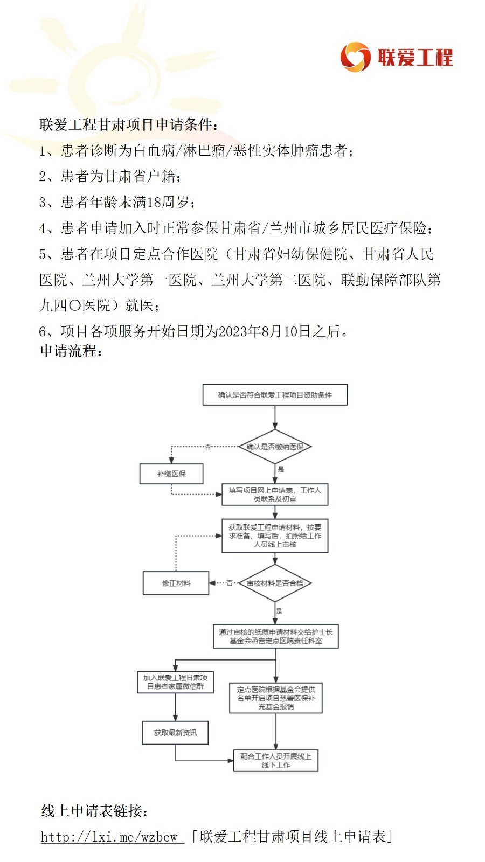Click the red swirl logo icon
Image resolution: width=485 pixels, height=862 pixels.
tap(355, 57)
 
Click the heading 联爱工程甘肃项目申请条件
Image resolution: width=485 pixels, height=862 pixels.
tap(128, 124)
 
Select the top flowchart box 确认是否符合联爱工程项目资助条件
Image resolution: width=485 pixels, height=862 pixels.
tap(275, 395)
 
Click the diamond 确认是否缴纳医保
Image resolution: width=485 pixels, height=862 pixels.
tap(275, 447)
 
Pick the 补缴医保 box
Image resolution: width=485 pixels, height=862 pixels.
tap(171, 474)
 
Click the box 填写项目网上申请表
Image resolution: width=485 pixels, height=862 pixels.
tap(275, 495)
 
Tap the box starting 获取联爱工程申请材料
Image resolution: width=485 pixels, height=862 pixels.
tap(275, 536)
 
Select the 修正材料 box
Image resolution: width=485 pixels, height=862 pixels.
tap(176, 583)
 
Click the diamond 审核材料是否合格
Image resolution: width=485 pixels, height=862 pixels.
tap(275, 583)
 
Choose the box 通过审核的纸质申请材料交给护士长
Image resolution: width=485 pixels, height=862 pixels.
tap(276, 636)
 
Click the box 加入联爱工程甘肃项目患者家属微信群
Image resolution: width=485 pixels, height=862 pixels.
tap(176, 682)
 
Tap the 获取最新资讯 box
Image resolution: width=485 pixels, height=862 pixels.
tap(176, 733)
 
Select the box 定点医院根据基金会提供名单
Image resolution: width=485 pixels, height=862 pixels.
tap(276, 698)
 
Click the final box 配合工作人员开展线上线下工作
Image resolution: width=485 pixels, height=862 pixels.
tap(276, 761)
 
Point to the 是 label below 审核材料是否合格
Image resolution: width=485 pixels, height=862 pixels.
tap(279, 611)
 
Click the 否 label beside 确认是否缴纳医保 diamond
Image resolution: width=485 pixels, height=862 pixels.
tap(208, 447)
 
